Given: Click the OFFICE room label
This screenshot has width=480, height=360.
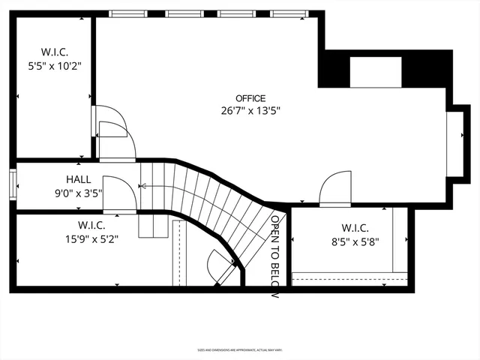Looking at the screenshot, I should tap(250, 98).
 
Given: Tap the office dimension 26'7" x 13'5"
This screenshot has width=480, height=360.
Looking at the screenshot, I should tap(250, 110).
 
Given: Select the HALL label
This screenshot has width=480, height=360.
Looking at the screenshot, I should tap(79, 180).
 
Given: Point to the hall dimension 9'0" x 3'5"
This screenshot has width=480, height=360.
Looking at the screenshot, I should tap(79, 193).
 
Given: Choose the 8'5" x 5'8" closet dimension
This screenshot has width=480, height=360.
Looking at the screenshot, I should tap(355, 241).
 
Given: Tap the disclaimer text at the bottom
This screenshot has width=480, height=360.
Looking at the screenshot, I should tap(240, 349).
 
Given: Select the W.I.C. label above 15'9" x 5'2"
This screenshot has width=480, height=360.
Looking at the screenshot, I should tap(91, 225).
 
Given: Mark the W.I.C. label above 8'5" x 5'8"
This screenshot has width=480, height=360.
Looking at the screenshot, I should tap(355, 228).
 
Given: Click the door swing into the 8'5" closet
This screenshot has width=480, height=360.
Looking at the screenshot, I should tap(335, 187).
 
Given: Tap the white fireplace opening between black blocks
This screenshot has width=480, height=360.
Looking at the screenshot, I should tap(377, 71).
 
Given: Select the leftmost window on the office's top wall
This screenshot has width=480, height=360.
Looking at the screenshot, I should tap(129, 13).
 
